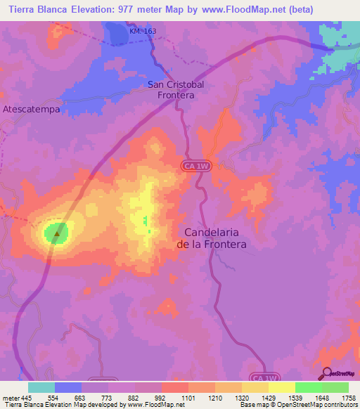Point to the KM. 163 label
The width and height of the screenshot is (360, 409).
pos(143,32)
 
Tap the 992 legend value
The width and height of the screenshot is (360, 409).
pos(160,397)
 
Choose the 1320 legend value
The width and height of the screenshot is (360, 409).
pos(238,397)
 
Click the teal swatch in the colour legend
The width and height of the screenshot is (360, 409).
pos(41,387)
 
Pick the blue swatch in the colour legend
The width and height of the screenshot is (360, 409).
pos(67,387)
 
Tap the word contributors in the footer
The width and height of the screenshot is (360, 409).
pos(342,405)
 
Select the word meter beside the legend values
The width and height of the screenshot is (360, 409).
pos(9,397)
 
